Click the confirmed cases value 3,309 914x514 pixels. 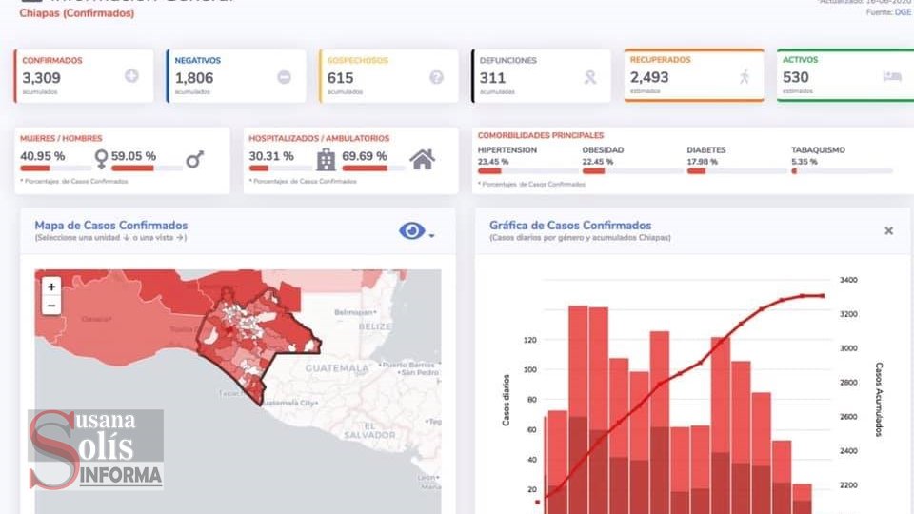tap(42, 78)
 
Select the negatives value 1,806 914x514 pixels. tap(194, 78)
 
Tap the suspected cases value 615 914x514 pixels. tap(340, 78)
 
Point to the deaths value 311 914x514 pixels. tap(493, 78)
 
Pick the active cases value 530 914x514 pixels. tap(796, 77)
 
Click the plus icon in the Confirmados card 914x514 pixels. tap(131, 76)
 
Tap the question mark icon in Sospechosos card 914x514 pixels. tap(437, 77)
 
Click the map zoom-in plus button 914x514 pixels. tap(51, 286)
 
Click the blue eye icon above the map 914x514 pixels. tap(412, 230)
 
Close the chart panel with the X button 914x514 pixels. tap(888, 230)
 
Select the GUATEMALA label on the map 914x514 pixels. tap(336, 367)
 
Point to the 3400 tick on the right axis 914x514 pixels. tap(848, 280)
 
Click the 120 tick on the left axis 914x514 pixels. tap(530, 340)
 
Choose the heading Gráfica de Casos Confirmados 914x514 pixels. tap(569, 226)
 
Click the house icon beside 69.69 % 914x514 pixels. tap(422, 159)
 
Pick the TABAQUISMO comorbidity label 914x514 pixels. tap(817, 149)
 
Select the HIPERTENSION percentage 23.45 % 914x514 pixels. tap(493, 161)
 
